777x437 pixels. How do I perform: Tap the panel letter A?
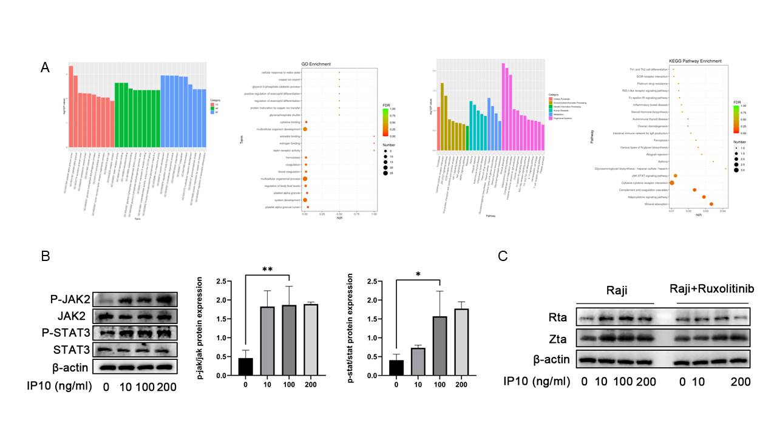click(x=46, y=67)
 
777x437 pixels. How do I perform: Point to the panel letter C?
click(x=503, y=256)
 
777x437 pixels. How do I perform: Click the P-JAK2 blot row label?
click(x=72, y=299)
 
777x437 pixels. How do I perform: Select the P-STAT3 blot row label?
click(x=69, y=333)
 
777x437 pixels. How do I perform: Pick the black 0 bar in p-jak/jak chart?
click(x=246, y=367)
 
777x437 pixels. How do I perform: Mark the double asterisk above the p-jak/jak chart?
click(x=268, y=269)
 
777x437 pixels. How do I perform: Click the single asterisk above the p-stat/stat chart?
click(x=418, y=274)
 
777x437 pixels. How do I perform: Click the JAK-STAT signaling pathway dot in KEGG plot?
click(x=676, y=175)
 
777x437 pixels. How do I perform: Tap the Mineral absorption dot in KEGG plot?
click(x=711, y=204)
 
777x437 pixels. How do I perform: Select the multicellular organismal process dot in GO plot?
click(x=305, y=179)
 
